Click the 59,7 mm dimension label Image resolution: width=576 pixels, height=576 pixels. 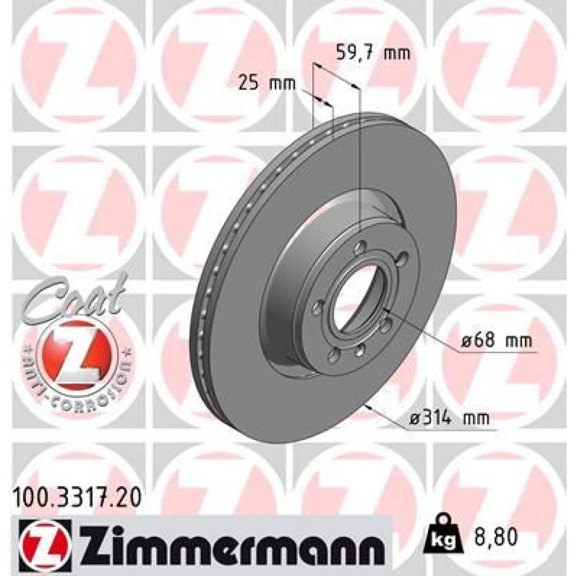pos(373,54)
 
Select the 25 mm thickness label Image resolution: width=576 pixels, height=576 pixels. pos(267,84)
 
